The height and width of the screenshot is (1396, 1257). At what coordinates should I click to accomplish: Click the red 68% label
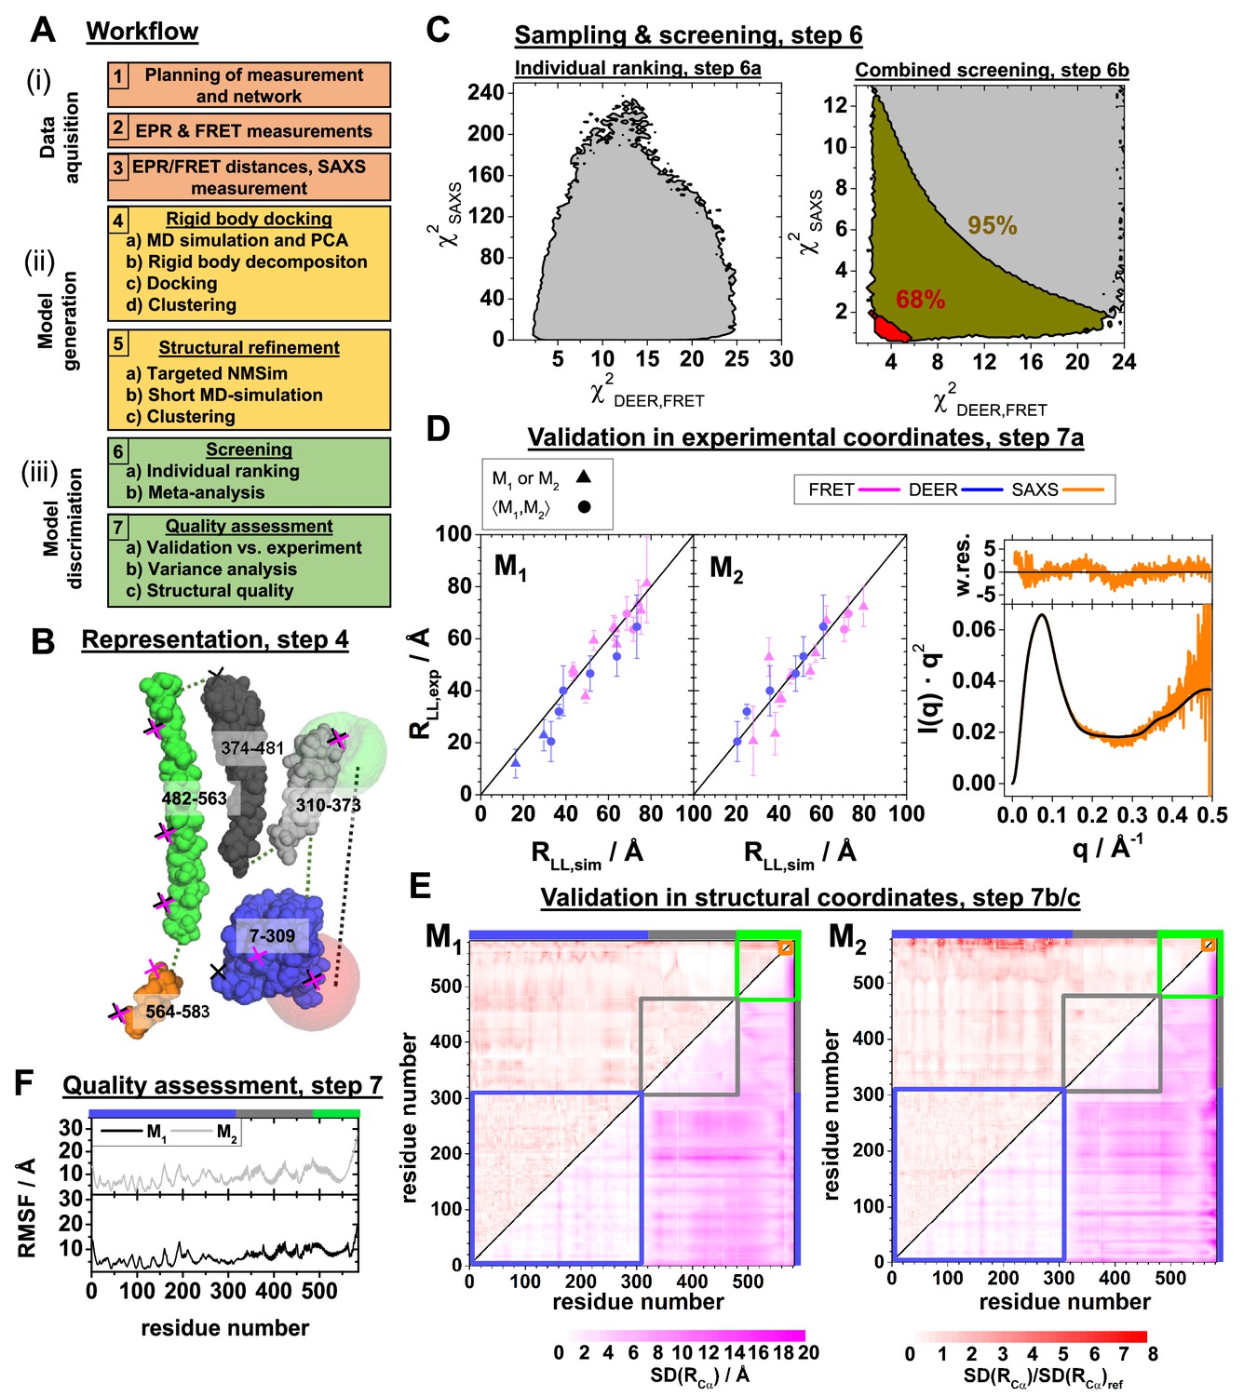920,300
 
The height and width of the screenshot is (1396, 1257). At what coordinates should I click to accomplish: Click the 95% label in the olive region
992,225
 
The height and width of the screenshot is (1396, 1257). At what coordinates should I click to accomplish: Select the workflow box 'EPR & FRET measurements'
249,131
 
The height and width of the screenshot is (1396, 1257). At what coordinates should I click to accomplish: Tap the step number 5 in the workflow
118,343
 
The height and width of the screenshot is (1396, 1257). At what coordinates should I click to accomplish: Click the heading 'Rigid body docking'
249,219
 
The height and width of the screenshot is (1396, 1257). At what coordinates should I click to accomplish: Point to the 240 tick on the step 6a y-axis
485,92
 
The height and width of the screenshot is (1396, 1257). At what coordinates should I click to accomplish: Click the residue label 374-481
252,747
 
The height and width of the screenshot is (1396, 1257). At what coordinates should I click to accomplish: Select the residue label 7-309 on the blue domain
272,935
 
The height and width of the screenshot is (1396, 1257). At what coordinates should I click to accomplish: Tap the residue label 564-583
178,1012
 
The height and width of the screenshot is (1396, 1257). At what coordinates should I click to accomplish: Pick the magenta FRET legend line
879,490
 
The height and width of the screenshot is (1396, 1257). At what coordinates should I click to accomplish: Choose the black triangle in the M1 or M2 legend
584,477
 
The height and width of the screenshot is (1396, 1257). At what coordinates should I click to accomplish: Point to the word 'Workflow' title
142,32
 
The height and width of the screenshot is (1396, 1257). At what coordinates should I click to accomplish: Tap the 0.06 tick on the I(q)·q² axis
975,630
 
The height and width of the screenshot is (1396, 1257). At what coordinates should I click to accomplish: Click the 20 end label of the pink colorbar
808,1352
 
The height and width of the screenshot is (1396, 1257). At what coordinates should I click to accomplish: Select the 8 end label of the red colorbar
1153,1354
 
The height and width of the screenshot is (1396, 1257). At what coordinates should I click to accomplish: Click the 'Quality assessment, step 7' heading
223,1085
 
